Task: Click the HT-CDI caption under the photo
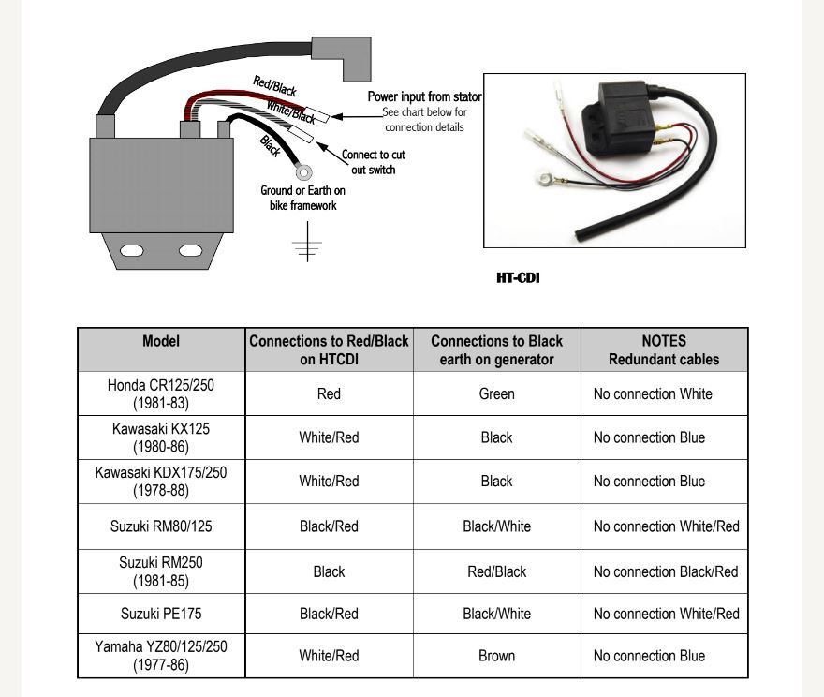pyautogui.click(x=518, y=278)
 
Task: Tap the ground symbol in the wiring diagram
pyautogui.click(x=306, y=245)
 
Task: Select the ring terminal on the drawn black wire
pyautogui.click(x=303, y=171)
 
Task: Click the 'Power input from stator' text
pyautogui.click(x=424, y=96)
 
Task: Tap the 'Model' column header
pyautogui.click(x=161, y=342)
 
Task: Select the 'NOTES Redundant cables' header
pyautogui.click(x=664, y=350)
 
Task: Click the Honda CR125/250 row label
pyautogui.click(x=161, y=393)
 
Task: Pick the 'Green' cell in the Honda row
pyautogui.click(x=496, y=394)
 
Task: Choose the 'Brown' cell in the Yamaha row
pyautogui.click(x=496, y=656)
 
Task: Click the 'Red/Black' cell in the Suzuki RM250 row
pyautogui.click(x=496, y=571)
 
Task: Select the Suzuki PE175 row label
pyautogui.click(x=161, y=615)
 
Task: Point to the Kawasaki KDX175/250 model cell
pyautogui.click(x=161, y=482)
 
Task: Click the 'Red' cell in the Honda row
pyautogui.click(x=329, y=394)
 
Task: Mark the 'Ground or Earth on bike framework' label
pyautogui.click(x=302, y=198)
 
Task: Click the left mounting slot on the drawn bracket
pyautogui.click(x=132, y=250)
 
